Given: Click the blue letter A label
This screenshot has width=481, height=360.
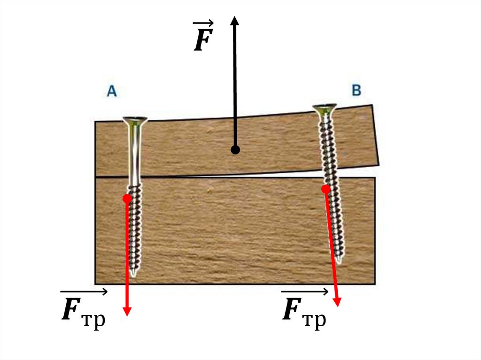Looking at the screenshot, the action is (x=111, y=91).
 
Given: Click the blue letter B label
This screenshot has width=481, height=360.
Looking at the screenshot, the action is (x=357, y=90).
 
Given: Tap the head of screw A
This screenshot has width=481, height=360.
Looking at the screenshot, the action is (x=135, y=120).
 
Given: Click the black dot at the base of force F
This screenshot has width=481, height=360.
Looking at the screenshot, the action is (x=235, y=150).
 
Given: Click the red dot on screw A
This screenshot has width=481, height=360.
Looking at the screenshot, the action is (x=127, y=198).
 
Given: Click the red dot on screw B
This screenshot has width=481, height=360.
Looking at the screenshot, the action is (x=325, y=189).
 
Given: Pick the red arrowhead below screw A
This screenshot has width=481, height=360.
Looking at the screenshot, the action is (x=127, y=311).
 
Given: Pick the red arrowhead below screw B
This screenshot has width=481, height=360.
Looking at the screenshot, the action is (x=337, y=301).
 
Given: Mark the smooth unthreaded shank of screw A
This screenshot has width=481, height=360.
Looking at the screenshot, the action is (x=135, y=155).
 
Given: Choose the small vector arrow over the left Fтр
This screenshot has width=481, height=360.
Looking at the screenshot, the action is (x=84, y=292).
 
